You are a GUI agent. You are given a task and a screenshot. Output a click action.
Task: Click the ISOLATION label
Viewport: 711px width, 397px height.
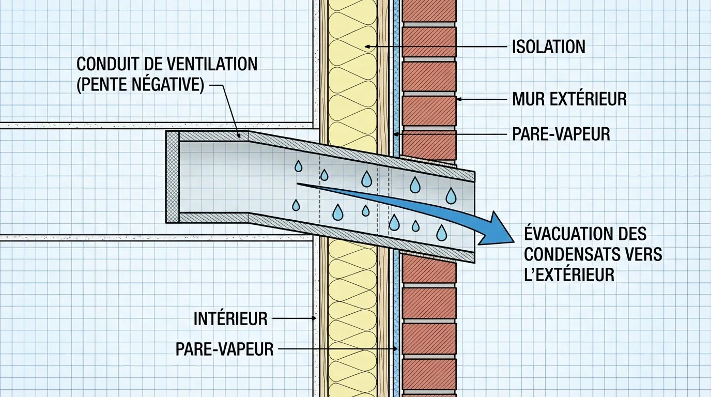pos(548,47)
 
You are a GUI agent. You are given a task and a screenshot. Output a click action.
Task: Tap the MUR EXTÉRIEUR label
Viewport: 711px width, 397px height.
pos(569,99)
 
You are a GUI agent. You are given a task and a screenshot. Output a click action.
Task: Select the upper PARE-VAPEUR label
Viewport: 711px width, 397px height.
pos(561,134)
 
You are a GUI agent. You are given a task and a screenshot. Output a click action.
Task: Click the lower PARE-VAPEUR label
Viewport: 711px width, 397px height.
pos(224,349)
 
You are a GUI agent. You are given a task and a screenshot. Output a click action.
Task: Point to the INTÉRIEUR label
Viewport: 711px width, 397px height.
pos(230,318)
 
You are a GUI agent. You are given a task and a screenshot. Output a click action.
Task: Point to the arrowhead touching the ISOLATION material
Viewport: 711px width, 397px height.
pos(367,47)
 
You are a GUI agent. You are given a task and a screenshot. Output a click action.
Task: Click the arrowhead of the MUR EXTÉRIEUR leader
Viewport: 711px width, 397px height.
pos(458,99)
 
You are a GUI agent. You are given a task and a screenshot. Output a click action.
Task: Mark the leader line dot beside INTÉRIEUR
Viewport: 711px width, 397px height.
pos(315,318)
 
